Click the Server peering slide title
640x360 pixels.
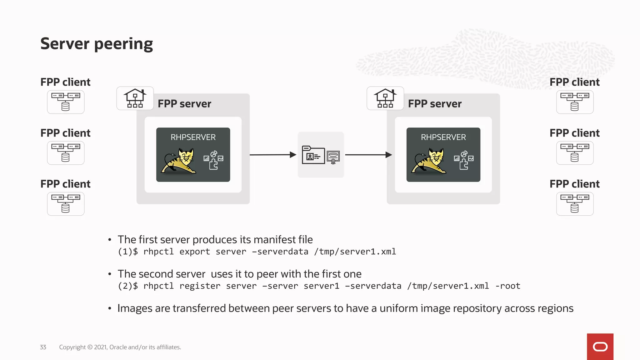pos(97,44)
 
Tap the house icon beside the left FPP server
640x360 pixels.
pos(135,98)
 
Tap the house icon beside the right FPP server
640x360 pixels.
pos(385,98)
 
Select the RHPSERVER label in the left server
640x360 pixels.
pos(193,137)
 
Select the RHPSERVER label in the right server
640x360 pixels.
pos(443,137)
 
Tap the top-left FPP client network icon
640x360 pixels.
pos(66,102)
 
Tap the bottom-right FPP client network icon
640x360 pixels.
pos(575,204)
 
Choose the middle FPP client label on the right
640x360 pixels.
pos(574,133)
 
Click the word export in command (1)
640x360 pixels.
pos(195,252)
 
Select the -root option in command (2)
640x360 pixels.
pos(508,286)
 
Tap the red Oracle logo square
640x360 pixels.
pos(600,347)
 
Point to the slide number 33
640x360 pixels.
pos(43,347)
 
